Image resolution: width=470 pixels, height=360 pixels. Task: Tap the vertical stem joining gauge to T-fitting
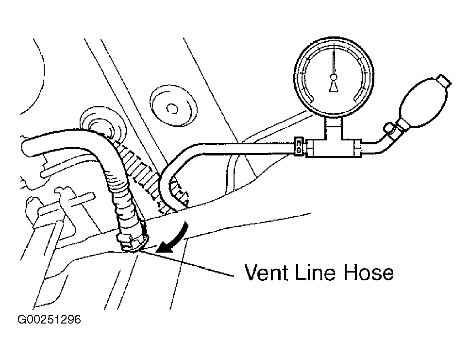tap(334, 127)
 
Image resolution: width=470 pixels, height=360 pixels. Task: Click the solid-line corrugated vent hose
tap(122, 199)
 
